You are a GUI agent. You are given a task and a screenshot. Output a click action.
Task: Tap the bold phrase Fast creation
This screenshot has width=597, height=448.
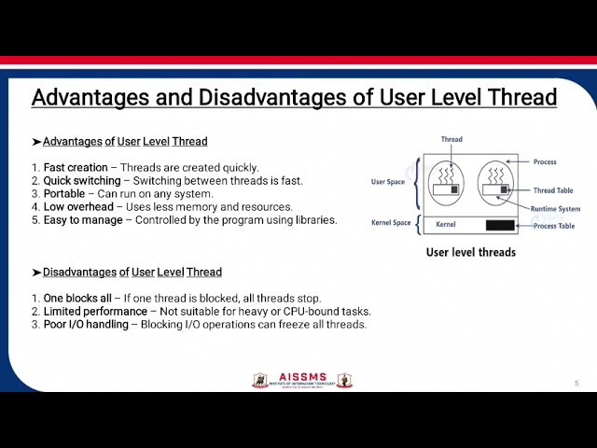76,168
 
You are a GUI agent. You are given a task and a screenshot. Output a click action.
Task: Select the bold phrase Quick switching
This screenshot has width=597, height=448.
82,181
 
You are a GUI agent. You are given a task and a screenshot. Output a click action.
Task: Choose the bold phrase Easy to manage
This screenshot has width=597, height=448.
82,220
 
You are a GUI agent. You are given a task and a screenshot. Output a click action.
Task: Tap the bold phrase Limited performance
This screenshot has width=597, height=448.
95,312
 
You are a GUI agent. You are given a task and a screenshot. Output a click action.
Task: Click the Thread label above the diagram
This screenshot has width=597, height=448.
451,139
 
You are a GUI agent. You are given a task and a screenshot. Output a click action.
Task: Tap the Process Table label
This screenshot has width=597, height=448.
554,226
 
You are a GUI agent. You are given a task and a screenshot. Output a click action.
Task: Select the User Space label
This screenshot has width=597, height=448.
388,182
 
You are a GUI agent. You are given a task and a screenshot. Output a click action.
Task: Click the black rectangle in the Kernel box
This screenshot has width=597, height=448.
500,225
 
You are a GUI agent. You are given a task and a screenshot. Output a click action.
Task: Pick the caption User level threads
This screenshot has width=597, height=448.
471,252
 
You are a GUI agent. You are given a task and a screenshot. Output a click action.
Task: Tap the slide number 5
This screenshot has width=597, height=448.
576,383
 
